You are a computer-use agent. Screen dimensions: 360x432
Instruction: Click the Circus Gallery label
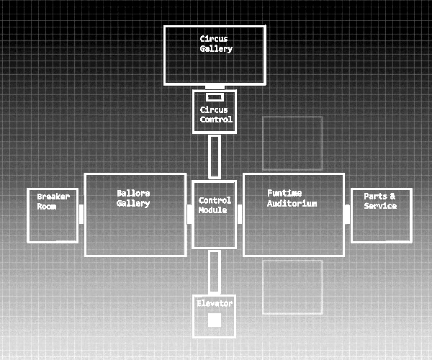tap(215, 43)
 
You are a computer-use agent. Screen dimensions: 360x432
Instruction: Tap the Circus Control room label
tap(215, 114)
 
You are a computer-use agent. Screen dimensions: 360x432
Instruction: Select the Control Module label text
tap(215, 204)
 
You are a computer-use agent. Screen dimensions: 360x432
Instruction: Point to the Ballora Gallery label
tap(133, 198)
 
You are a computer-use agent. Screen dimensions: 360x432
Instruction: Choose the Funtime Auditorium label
tap(292, 198)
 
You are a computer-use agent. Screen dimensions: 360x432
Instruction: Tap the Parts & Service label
tap(379, 201)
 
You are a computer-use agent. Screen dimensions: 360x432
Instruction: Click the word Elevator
tap(215, 303)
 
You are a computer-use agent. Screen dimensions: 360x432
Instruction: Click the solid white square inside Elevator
tap(215, 320)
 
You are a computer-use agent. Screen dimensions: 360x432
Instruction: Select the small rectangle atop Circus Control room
tap(215, 97)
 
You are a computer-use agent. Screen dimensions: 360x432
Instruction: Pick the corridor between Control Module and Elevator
tap(215, 271)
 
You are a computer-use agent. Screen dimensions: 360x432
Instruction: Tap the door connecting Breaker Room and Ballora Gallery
tap(81, 214)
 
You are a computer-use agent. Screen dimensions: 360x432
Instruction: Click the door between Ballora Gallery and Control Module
tap(189, 214)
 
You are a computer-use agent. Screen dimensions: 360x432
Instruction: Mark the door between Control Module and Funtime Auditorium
tap(240, 210)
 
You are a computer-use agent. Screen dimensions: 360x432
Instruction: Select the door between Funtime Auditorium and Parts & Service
tap(347, 213)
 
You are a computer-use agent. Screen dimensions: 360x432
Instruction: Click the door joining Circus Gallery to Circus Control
tap(215, 87)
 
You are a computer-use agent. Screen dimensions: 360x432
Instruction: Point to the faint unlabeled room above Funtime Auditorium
tap(292, 143)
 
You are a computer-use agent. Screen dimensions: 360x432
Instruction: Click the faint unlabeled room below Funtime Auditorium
tap(292, 287)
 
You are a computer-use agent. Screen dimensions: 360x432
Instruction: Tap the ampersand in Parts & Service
tap(392, 196)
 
